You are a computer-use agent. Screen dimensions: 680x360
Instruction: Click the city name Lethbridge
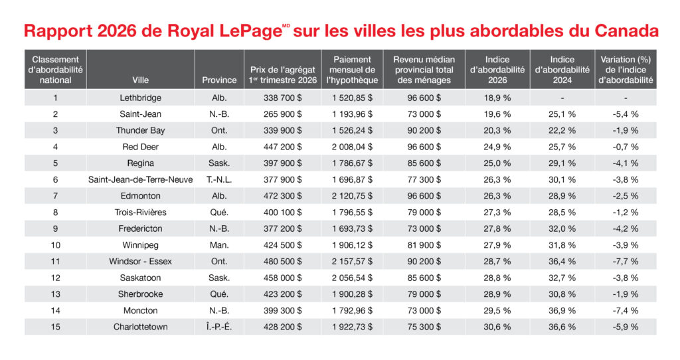tap(140, 98)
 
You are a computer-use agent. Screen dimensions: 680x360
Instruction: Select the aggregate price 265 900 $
tap(282, 114)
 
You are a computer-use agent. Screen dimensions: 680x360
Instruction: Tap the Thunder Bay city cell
tap(140, 131)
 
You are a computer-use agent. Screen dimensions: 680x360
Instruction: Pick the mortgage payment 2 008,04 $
tap(352, 147)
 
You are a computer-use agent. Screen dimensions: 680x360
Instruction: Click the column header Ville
tap(140, 80)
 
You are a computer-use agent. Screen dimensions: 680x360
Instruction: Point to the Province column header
tap(219, 80)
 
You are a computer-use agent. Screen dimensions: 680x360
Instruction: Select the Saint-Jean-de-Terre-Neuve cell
tap(140, 179)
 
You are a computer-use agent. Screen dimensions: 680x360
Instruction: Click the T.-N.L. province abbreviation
tap(219, 179)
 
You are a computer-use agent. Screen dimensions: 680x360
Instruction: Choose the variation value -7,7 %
tap(626, 262)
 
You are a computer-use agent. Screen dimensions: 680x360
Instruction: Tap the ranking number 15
tap(56, 327)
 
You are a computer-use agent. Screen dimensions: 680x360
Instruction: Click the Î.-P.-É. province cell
tap(219, 327)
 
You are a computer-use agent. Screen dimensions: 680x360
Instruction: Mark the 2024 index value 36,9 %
tap(562, 311)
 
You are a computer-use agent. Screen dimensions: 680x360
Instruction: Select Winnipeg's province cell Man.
tap(219, 245)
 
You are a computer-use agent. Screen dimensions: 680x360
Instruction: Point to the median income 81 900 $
tap(424, 245)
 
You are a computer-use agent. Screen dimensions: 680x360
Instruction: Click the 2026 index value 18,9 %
tap(497, 98)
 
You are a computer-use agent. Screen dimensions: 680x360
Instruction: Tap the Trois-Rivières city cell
tap(140, 213)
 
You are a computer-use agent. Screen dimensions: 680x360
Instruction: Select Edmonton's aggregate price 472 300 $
tap(282, 196)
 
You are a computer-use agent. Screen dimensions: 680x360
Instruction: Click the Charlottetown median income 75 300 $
tap(424, 327)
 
